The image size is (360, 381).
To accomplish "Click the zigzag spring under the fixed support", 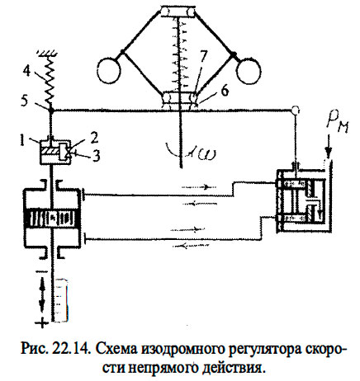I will (x=50, y=74).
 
